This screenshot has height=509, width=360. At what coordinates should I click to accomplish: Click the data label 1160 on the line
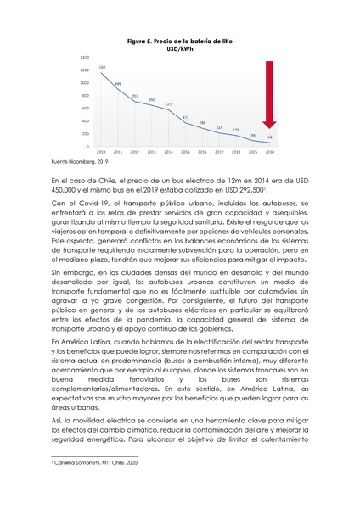pos(101,66)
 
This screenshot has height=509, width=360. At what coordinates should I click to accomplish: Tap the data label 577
pos(169,103)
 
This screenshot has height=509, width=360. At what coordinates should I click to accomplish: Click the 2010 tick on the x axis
pos(101,152)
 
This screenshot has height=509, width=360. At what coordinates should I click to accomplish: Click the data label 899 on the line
pos(118,83)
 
